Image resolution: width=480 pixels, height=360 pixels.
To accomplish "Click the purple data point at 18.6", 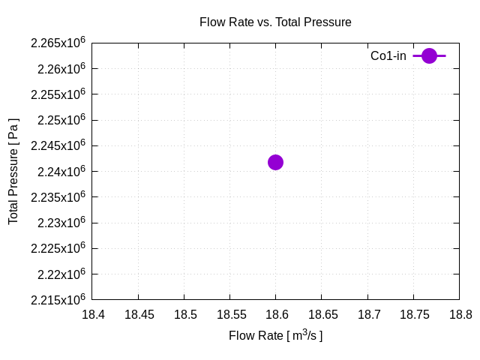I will [275, 162].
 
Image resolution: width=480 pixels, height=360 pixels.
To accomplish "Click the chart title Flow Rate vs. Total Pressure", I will [275, 22].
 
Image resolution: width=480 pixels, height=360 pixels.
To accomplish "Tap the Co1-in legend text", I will [388, 56].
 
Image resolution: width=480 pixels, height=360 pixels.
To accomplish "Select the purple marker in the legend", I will [429, 55].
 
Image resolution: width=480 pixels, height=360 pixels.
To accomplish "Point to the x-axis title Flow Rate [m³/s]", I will [275, 335].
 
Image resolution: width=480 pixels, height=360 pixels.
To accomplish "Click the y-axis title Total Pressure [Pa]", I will [13, 171].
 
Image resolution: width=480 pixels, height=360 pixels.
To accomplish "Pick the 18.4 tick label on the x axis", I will [93, 314].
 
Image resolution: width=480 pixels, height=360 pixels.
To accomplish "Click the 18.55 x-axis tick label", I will [230, 314].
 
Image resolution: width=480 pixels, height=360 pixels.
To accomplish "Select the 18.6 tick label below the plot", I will [276, 314].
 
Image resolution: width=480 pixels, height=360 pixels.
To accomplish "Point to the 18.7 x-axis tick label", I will [367, 314].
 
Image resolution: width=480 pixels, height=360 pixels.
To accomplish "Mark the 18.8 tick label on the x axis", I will [458, 314].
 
